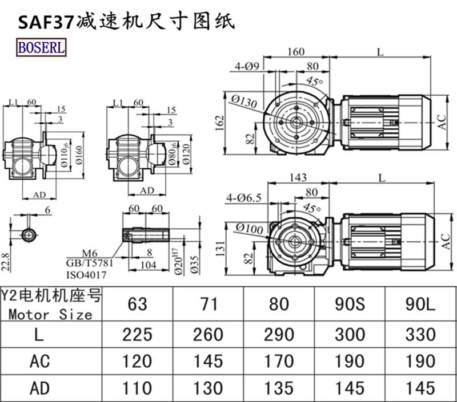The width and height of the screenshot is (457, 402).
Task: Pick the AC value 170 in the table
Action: coord(279,361)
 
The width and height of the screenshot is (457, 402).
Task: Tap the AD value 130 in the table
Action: coord(208,388)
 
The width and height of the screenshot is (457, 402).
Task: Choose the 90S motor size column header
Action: coord(350,303)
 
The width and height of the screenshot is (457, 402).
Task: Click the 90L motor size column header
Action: coord(420,303)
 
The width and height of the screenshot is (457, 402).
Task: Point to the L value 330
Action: coord(420,334)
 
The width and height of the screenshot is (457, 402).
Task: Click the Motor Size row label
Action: coord(50,314)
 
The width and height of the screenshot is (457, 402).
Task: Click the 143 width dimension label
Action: coord(298,178)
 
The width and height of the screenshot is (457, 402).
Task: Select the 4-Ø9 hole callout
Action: coord(247,66)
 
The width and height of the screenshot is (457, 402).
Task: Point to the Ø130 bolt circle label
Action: coord(244,100)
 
